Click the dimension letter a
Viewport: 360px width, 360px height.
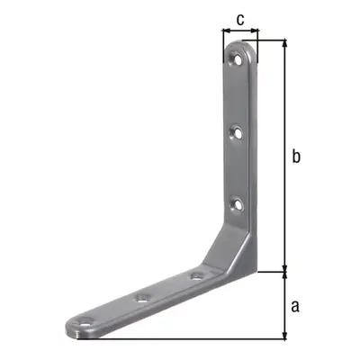pyautogui.click(x=295, y=306)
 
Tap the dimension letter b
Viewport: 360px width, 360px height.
pyautogui.click(x=296, y=156)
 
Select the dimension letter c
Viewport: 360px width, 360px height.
pyautogui.click(x=240, y=20)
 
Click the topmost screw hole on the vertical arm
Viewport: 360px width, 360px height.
pyautogui.click(x=237, y=58)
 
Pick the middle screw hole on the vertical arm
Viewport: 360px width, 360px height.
pyautogui.click(x=237, y=133)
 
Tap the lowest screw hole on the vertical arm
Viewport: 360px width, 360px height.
pyautogui.click(x=238, y=205)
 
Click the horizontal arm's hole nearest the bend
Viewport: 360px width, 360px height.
pyautogui.click(x=196, y=276)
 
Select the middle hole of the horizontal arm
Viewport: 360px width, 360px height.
pyautogui.click(x=143, y=298)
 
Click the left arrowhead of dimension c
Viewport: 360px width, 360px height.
pyautogui.click(x=226, y=31)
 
